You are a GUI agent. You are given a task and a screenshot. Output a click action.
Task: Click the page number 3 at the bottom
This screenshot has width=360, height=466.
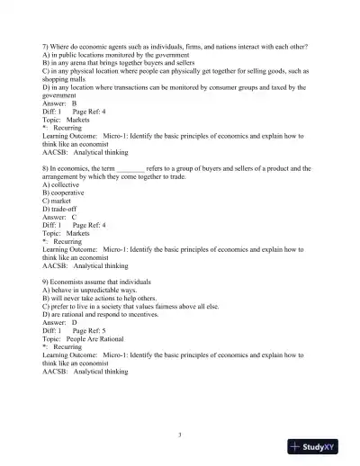click(180, 435)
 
